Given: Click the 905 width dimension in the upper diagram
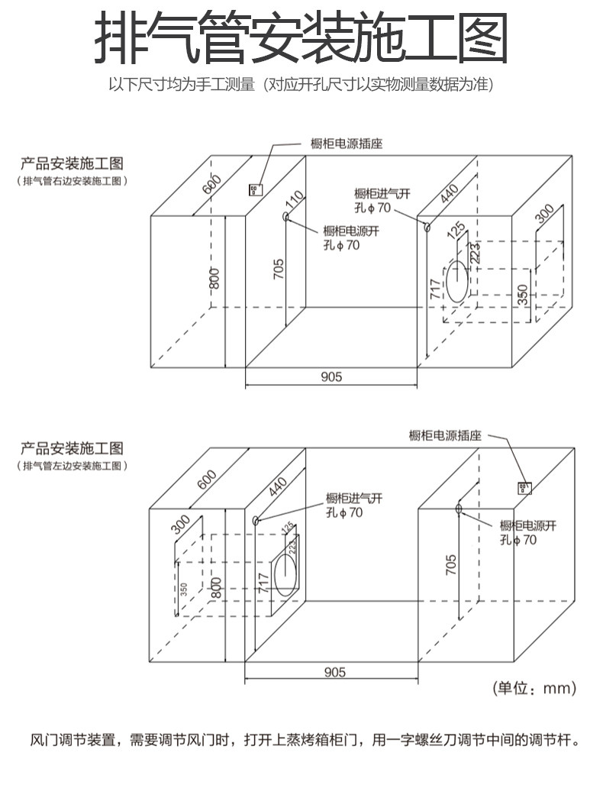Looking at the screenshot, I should click(x=331, y=376).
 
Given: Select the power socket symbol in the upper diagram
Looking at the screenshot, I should click(x=256, y=189).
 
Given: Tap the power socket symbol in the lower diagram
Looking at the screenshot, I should click(x=524, y=487).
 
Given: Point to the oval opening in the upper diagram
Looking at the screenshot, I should click(x=456, y=281).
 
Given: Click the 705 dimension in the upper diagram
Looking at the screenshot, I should click(x=279, y=271).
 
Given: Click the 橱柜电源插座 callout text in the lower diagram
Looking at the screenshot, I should click(x=445, y=435).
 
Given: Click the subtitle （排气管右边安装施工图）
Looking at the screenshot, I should click(x=72, y=181).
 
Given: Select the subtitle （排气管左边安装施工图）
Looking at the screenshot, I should click(x=72, y=465).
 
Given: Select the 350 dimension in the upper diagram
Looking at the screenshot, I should click(x=523, y=294).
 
